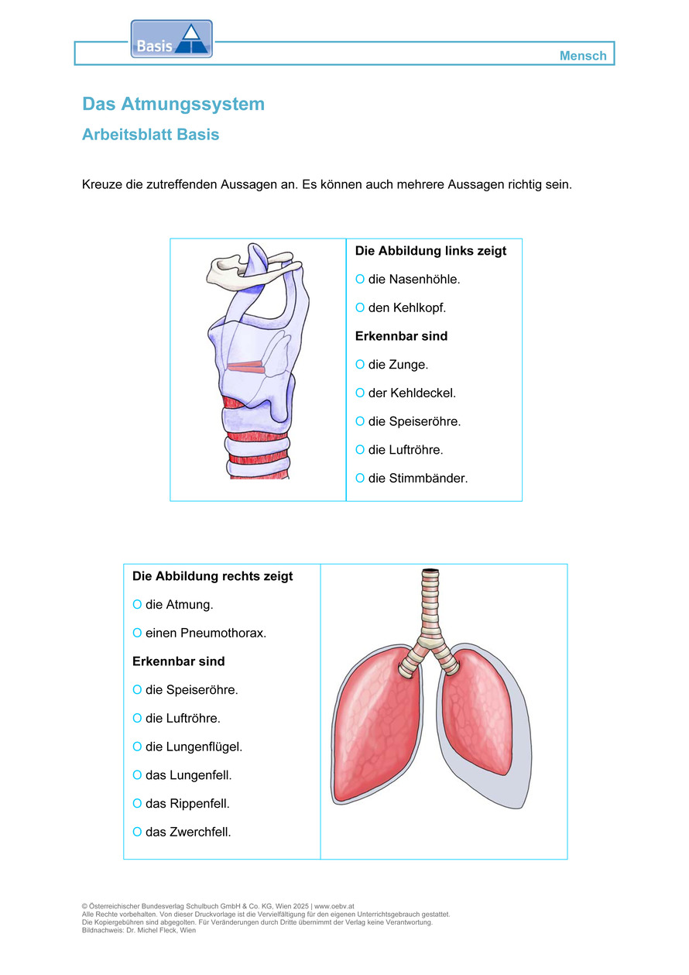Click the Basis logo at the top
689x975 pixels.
point(171,39)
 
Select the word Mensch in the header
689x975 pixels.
point(583,56)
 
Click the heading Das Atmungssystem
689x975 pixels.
point(173,104)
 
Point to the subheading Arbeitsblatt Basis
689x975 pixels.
point(150,135)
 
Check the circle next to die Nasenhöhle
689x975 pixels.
point(359,279)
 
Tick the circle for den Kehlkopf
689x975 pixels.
point(359,307)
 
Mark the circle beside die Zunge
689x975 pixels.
point(359,364)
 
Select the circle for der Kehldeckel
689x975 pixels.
point(359,393)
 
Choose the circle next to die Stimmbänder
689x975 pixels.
point(359,479)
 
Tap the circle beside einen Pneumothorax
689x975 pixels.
point(137,633)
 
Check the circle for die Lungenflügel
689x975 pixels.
point(137,747)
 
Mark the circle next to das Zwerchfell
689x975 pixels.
point(137,833)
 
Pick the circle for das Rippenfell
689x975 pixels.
point(137,804)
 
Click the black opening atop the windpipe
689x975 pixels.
point(428,572)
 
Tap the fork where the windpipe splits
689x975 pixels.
point(428,643)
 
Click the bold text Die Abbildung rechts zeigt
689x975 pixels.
point(213,576)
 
